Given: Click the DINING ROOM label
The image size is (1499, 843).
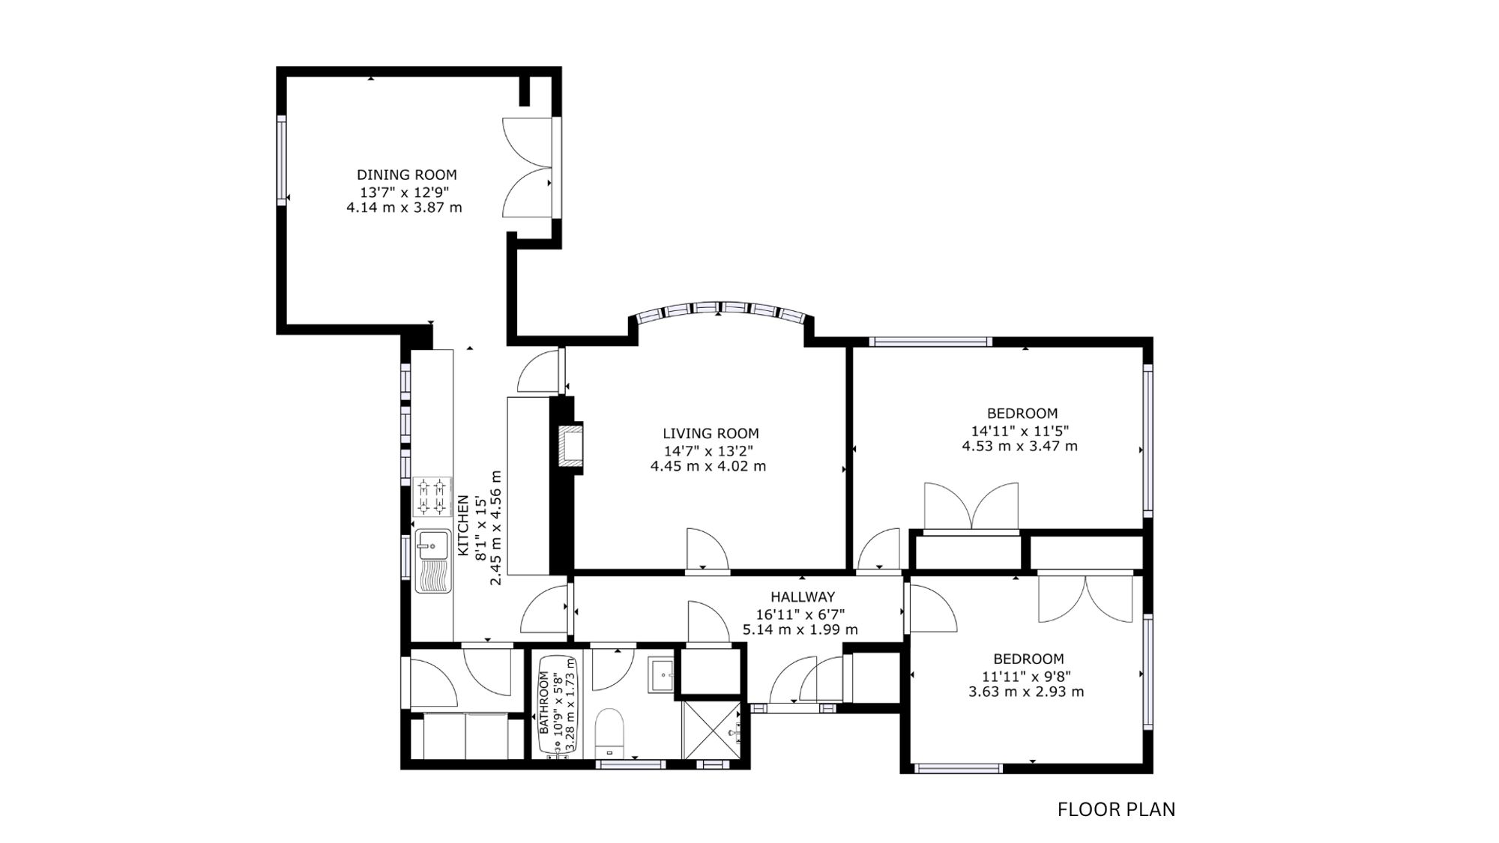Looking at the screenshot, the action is pyautogui.click(x=406, y=175).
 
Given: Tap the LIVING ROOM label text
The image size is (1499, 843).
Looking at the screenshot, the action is pyautogui.click(x=711, y=433).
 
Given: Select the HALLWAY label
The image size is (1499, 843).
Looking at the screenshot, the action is pyautogui.click(x=803, y=597).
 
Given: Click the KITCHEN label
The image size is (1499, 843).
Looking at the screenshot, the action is pyautogui.click(x=463, y=525).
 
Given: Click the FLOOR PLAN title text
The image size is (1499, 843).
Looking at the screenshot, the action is pyautogui.click(x=1116, y=809).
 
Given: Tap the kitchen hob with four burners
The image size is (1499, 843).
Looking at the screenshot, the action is pyautogui.click(x=432, y=497).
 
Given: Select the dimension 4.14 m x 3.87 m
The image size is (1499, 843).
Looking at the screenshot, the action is pyautogui.click(x=404, y=208).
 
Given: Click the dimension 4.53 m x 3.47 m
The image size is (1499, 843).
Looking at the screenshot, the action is pyautogui.click(x=1020, y=446).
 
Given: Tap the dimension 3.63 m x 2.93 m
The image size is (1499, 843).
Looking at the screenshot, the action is pyautogui.click(x=1026, y=692).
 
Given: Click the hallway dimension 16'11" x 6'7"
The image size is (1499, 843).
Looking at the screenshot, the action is pyautogui.click(x=800, y=614).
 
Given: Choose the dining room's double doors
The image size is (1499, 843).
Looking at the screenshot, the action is pyautogui.click(x=528, y=167).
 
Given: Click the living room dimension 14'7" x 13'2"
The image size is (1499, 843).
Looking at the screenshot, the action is pyautogui.click(x=708, y=450).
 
